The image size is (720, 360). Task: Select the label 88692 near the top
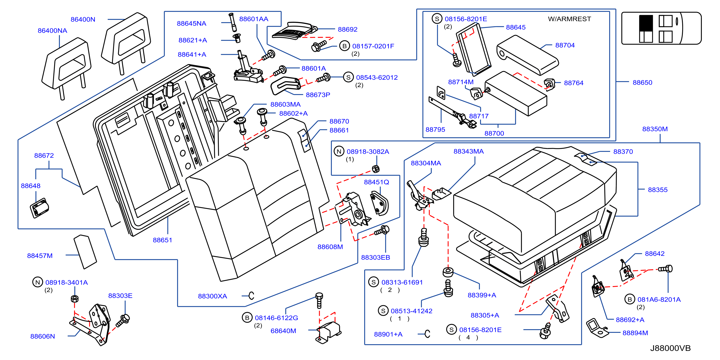pos(347,29)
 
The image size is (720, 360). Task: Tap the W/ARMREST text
pos(569,19)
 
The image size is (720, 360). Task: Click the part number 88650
pos(642,82)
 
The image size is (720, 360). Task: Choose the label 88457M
pos(40,255)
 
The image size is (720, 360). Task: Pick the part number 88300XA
pos(213,296)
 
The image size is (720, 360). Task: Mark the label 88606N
pos(42,336)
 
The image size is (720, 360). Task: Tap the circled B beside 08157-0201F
pos(344,46)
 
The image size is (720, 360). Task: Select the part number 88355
pos(658,190)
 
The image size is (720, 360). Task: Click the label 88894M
pos(635,333)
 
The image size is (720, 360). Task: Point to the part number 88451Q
pos(376,182)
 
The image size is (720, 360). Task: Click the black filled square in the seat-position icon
pos(646,22)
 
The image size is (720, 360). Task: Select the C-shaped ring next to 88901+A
pos(427,334)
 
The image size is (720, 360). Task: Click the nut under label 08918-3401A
pos(74,299)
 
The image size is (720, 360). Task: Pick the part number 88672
pos(44,155)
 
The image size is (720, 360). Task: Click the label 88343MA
pos(468,151)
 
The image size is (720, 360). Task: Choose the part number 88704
pos(565,45)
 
